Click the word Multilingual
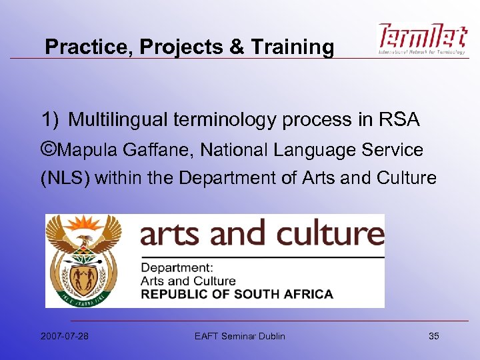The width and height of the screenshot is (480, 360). pyautogui.click(x=119, y=120)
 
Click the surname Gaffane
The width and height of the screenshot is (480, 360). pyautogui.click(x=151, y=150)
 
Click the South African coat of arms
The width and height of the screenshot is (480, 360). pyautogui.click(x=84, y=261)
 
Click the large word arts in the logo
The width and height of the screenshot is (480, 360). pyautogui.click(x=172, y=234)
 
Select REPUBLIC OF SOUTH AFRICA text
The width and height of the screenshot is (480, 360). pyautogui.click(x=237, y=294)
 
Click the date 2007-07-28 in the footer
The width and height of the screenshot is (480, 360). pyautogui.click(x=65, y=336)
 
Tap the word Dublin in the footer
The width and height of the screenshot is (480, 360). pyautogui.click(x=269, y=336)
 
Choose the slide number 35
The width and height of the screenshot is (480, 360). pyautogui.click(x=434, y=336)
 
